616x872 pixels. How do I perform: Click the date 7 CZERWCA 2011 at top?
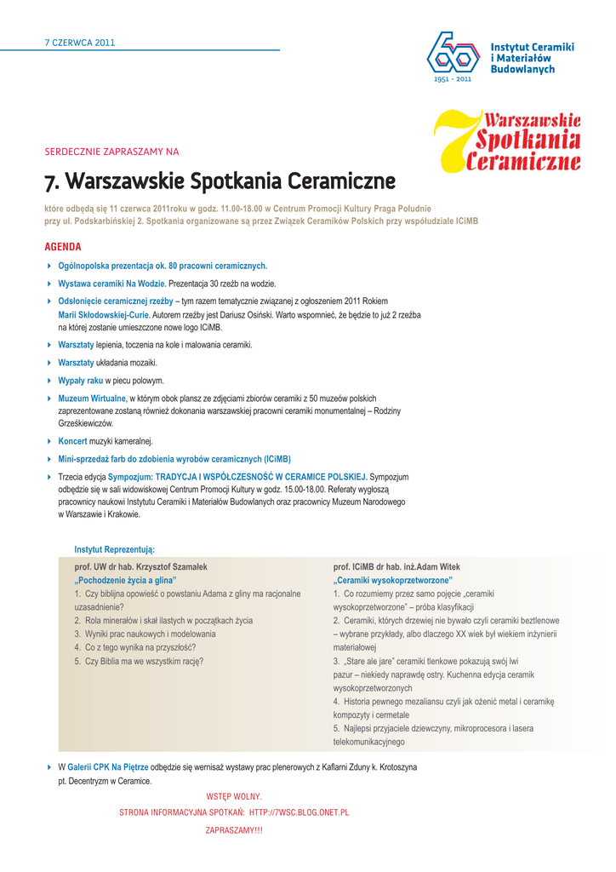pyautogui.click(x=79, y=42)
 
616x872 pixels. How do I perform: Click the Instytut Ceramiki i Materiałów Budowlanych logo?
pyautogui.click(x=499, y=56)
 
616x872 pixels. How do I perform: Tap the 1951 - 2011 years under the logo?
pyautogui.click(x=452, y=79)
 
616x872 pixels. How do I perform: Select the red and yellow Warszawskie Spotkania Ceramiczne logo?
pyautogui.click(x=508, y=141)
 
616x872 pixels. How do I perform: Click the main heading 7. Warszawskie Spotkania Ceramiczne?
pyautogui.click(x=220, y=181)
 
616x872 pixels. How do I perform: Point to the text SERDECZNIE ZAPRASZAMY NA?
pyautogui.click(x=111, y=152)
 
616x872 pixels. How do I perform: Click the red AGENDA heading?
pyautogui.click(x=62, y=247)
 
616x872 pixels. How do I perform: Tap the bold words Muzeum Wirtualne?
pyautogui.click(x=92, y=399)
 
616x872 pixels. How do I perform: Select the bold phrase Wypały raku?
pyautogui.click(x=80, y=381)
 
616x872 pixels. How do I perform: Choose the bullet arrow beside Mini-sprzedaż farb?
pyautogui.click(x=49, y=458)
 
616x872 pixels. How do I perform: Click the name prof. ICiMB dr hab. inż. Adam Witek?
pyautogui.click(x=396, y=566)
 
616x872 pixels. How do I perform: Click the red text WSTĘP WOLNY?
pyautogui.click(x=234, y=797)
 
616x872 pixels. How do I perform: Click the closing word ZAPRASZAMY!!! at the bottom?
pyautogui.click(x=234, y=830)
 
